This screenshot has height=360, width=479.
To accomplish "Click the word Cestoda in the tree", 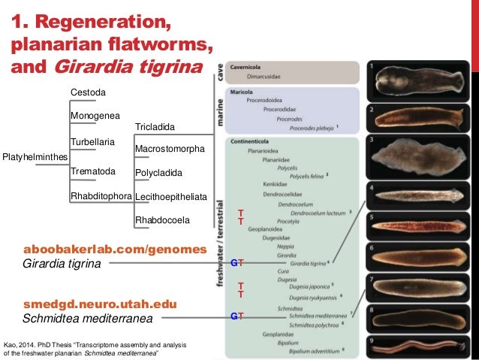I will click(x=88, y=92).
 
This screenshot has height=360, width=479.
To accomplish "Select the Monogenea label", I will click(x=95, y=116).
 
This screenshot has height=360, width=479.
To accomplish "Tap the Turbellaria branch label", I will click(x=92, y=142).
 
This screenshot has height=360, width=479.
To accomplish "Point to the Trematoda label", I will click(x=92, y=171).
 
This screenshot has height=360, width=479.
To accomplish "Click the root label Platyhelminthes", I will click(x=35, y=156).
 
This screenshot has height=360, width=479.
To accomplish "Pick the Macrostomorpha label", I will click(x=170, y=150).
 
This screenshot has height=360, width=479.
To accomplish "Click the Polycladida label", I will click(x=158, y=173).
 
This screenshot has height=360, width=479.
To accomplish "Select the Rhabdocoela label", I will click(x=162, y=220).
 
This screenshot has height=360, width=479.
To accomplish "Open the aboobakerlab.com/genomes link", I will click(x=115, y=249).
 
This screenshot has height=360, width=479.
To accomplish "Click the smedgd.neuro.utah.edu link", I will click(x=100, y=304).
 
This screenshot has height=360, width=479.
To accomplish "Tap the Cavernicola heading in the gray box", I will click(x=251, y=66).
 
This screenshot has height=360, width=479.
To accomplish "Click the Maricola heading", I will click(x=245, y=92).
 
